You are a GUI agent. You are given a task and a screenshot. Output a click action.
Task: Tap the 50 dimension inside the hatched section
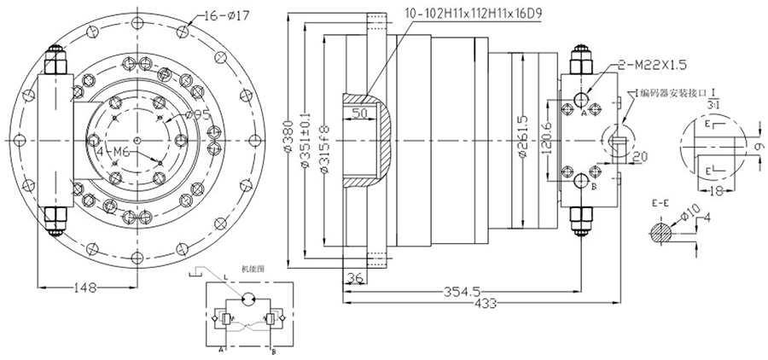tap(362, 113)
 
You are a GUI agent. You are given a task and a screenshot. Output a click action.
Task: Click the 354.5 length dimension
tap(460, 290)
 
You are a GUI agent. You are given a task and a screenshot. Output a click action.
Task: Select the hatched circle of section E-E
tap(659, 229)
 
